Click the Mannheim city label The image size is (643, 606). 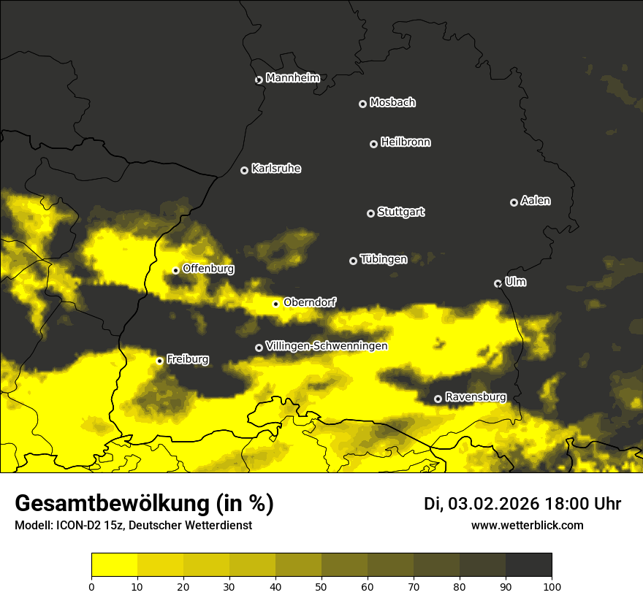point(292,78)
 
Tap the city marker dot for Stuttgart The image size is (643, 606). point(370,213)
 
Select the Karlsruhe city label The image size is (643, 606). point(276,169)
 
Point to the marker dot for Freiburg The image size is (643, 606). point(159,361)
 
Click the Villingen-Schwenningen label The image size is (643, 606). point(327,346)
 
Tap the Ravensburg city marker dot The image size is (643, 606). point(438,399)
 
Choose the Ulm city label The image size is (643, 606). point(515,282)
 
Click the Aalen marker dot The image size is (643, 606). point(514,202)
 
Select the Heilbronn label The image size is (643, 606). point(406,142)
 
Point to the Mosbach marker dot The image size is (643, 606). point(362,104)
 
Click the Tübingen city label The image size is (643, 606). point(384,259)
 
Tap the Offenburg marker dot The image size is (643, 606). point(175,270)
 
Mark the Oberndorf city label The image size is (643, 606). point(309,302)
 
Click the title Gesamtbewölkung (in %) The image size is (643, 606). point(144,504)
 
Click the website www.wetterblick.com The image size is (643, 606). point(527,525)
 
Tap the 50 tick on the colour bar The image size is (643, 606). point(321,586)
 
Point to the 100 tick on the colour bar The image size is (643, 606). point(552,586)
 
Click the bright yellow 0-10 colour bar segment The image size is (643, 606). point(114,565)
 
